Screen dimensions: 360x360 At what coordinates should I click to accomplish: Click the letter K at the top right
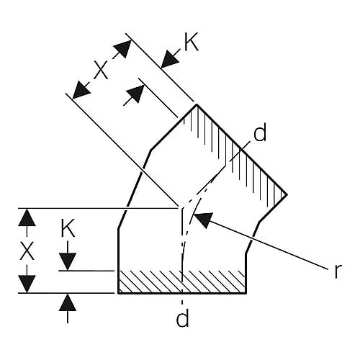click(192, 43)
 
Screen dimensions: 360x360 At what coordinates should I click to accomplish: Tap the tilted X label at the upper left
click(101, 70)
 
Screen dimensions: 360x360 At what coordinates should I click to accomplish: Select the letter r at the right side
click(338, 271)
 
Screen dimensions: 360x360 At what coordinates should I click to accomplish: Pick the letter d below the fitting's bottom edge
click(182, 318)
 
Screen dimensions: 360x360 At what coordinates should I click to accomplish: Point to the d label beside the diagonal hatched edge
click(260, 132)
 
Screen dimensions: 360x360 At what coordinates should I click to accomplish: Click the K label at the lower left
click(68, 228)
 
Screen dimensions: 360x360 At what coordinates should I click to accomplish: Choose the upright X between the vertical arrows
click(27, 251)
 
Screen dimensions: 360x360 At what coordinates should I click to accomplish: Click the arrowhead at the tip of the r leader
click(203, 220)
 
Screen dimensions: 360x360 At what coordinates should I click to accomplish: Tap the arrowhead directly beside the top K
click(170, 59)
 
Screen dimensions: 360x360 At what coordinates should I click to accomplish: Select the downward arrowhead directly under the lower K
click(68, 261)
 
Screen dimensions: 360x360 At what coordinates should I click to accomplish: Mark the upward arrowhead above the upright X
click(27, 217)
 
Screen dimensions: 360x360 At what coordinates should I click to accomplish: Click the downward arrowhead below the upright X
click(27, 284)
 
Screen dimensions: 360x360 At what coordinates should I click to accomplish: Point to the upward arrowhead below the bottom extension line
click(68, 302)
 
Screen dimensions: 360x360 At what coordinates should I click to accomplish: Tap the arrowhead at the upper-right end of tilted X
click(123, 49)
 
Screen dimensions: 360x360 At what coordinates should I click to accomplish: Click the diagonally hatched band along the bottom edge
click(182, 282)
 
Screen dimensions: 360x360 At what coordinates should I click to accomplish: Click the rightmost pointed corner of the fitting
click(287, 194)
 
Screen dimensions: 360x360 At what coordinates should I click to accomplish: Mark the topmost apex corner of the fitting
click(197, 104)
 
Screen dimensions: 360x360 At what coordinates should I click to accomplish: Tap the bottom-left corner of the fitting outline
click(118, 293)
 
